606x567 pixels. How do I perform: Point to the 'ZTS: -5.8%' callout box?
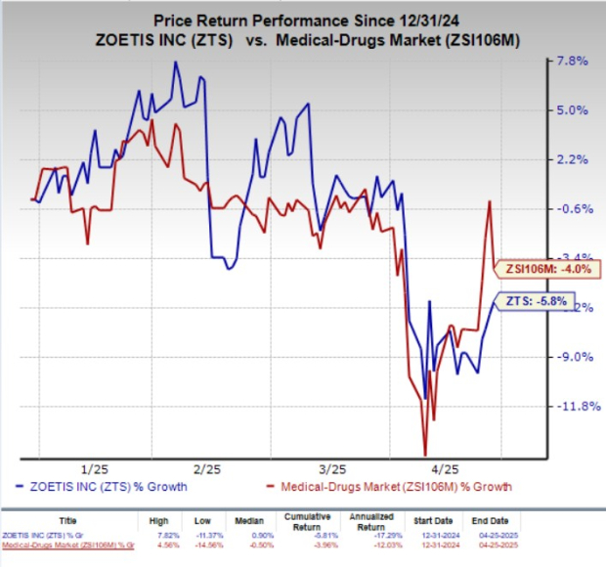point(536,301)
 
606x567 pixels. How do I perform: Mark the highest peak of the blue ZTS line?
point(176,63)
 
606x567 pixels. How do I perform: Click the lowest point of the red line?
point(425,454)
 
